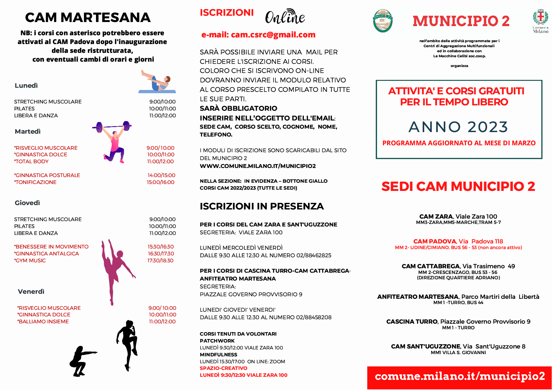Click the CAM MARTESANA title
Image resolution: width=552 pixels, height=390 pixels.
click(x=88, y=18)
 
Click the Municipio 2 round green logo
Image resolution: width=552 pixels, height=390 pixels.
click(x=382, y=21)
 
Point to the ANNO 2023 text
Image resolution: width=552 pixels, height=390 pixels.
click(x=458, y=127)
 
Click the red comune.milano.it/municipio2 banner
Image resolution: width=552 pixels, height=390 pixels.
click(x=459, y=377)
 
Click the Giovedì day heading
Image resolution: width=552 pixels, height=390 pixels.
click(x=27, y=203)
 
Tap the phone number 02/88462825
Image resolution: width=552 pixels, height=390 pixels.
click(x=314, y=255)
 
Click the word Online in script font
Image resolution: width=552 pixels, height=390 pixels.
click(x=285, y=18)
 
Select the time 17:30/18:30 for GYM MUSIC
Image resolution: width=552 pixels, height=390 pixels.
click(x=161, y=260)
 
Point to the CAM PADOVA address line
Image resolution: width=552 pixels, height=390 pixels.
click(x=458, y=241)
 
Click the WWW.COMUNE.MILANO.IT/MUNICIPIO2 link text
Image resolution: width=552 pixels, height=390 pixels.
click(x=258, y=166)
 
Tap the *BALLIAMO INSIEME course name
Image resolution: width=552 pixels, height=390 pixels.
click(x=43, y=321)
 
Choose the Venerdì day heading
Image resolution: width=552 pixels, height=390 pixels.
click(x=31, y=292)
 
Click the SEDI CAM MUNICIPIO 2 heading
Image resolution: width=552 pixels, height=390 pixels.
click(x=458, y=187)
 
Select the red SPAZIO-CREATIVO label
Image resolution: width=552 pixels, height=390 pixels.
click(x=223, y=368)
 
